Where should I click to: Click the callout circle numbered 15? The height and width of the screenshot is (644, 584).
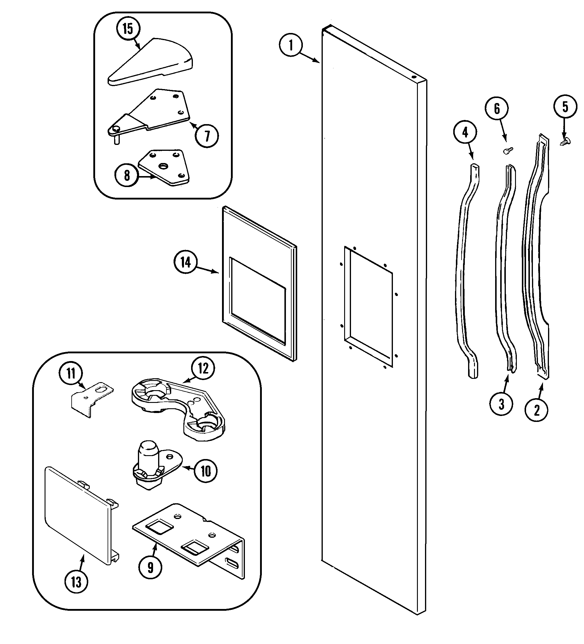click(x=127, y=29)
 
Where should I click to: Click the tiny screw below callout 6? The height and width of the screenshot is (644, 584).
click(x=507, y=151)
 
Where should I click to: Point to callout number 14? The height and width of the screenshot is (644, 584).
click(x=186, y=262)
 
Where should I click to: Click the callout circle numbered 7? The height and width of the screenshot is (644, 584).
click(x=207, y=136)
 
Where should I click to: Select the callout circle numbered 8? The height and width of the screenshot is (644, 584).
click(x=127, y=175)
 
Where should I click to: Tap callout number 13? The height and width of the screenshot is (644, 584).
click(x=76, y=582)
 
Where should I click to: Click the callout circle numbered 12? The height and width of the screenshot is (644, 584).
click(x=203, y=368)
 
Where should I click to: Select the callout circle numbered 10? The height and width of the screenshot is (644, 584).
click(x=206, y=471)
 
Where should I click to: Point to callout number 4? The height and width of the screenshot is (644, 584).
click(x=465, y=132)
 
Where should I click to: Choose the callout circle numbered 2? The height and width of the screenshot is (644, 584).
click(x=537, y=410)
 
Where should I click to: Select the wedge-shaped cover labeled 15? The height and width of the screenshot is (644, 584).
click(x=150, y=62)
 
